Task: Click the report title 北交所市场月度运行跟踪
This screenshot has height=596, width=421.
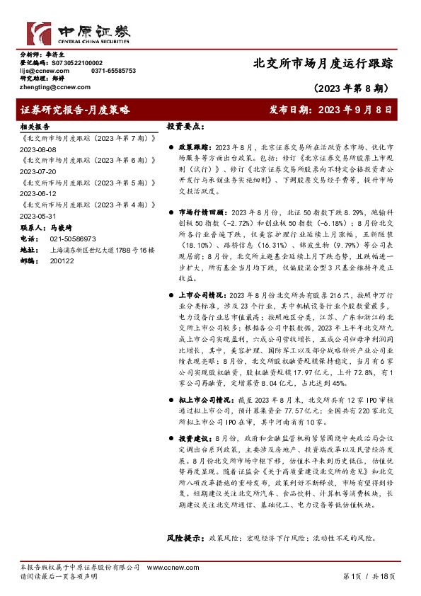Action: (322, 63)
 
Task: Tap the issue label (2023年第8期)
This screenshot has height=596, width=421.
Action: (352, 89)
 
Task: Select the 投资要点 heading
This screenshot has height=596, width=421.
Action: (186, 125)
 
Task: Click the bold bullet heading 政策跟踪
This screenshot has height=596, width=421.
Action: (192, 144)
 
